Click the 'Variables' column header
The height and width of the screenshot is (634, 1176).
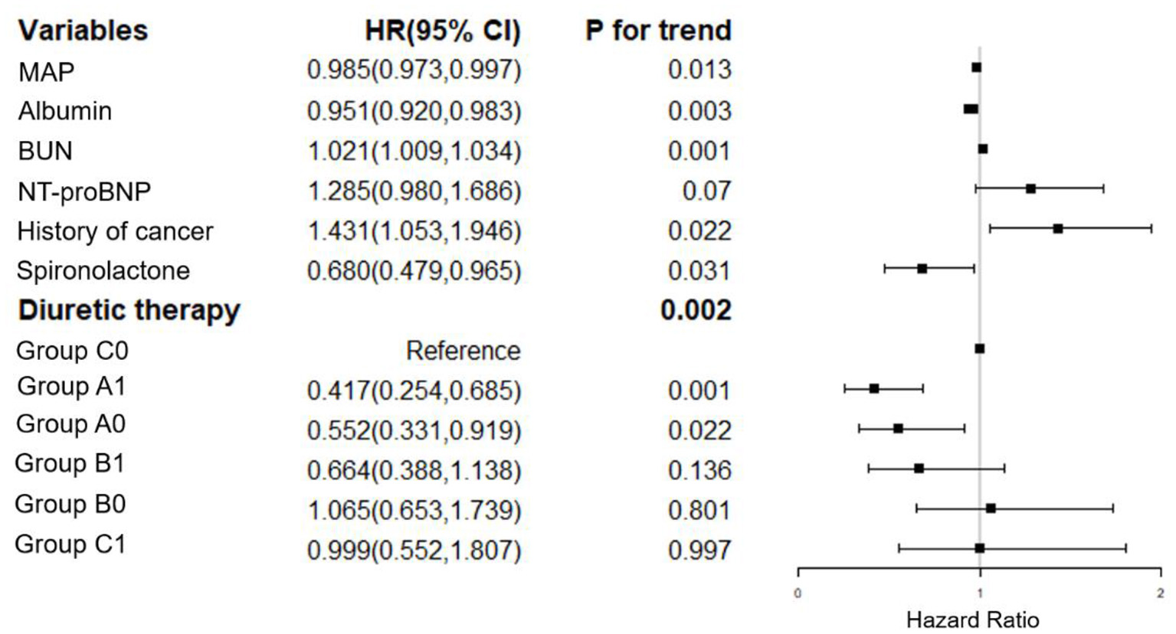83,31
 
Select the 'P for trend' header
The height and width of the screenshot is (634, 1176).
658,31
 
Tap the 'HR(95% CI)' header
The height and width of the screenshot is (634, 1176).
443,31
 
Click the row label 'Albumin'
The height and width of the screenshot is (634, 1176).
65,111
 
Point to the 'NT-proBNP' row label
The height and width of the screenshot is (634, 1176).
84,191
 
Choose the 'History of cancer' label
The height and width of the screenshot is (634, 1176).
115,231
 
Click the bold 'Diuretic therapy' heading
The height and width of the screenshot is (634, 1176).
129,310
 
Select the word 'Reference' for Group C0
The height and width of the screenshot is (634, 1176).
463,351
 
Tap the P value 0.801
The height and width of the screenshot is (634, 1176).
699,510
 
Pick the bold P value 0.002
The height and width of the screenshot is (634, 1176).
696,310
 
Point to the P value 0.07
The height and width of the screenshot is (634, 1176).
706,191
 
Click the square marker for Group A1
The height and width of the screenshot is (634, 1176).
874,389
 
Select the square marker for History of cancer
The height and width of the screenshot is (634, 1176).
1058,228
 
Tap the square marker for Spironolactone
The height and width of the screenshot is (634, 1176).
922,269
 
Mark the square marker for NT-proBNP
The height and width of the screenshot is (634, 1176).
1031,188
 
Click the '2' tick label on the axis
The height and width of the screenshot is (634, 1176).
1161,593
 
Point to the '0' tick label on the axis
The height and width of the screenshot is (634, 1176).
798,593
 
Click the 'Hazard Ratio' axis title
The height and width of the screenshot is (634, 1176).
972,619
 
